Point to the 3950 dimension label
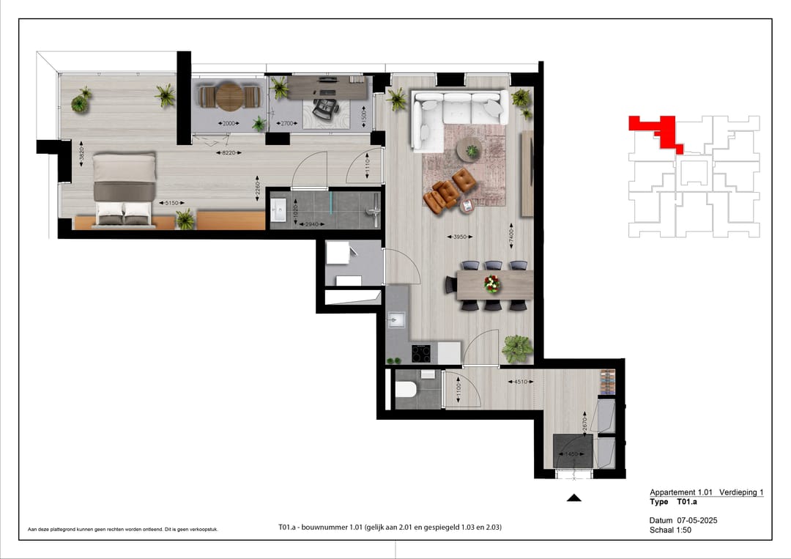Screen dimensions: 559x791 [458, 237]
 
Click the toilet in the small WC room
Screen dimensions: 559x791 [407, 389]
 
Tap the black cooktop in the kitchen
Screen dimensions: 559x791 [423, 352]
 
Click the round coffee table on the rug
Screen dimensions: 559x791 [471, 150]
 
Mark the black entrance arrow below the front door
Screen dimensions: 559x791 [574, 498]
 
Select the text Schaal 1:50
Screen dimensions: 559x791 [670, 530]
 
